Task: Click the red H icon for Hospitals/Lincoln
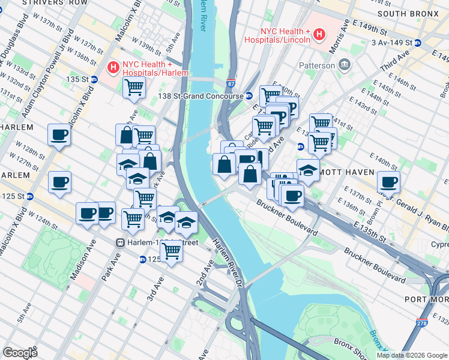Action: (x=319, y=35)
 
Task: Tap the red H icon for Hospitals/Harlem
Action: (x=113, y=68)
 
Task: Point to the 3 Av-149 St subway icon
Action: (x=417, y=43)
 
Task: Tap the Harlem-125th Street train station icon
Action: (x=120, y=242)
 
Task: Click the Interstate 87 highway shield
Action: (x=231, y=85)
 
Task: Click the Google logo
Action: (x=20, y=353)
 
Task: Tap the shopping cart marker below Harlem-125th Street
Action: (x=171, y=251)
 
